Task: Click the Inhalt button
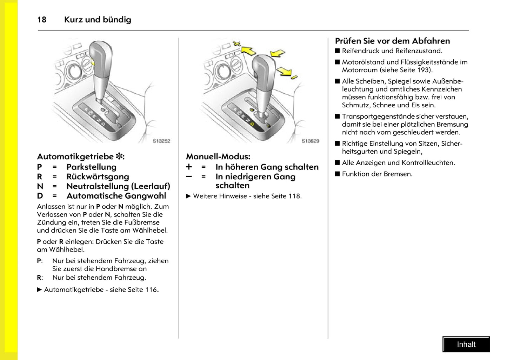click(466, 344)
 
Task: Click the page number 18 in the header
click(42, 20)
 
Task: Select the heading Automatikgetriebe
click(75, 156)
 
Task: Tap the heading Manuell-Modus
click(218, 156)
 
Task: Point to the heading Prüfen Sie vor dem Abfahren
click(392, 41)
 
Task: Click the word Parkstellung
click(91, 167)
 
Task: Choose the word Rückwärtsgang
click(98, 176)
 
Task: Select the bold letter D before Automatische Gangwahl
click(40, 196)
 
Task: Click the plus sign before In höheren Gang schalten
click(189, 167)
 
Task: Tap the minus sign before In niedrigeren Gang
click(189, 176)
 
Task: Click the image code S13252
click(161, 141)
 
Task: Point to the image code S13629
click(310, 141)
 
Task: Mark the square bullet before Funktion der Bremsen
click(338, 174)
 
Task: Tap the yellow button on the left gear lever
click(93, 62)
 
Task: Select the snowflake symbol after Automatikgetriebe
click(119, 156)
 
